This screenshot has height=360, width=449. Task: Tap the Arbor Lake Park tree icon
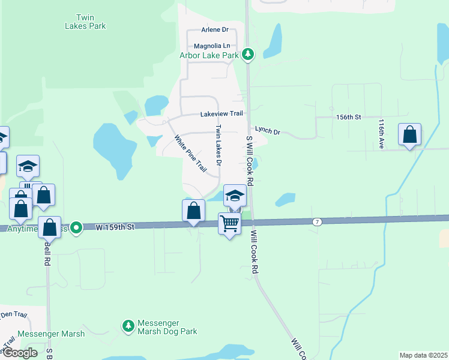(248, 55)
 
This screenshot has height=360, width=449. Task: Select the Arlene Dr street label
(215, 29)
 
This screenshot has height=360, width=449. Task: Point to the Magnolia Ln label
(212, 46)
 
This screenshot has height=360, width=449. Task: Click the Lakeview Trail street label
(221, 113)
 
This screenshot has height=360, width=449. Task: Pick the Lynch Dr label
(268, 130)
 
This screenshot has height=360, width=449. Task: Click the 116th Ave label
(381, 130)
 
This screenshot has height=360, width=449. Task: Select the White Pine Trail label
(190, 154)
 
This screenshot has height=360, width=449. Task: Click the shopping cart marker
(229, 223)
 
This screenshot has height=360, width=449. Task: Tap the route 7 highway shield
(316, 222)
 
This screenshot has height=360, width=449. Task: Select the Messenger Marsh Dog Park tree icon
(128, 326)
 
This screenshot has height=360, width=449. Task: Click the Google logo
(20, 353)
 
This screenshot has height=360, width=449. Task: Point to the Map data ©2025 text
(423, 355)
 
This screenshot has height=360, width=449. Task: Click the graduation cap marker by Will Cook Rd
(235, 195)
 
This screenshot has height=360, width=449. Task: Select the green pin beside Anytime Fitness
(76, 228)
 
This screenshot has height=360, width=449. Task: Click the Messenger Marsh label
(50, 334)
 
